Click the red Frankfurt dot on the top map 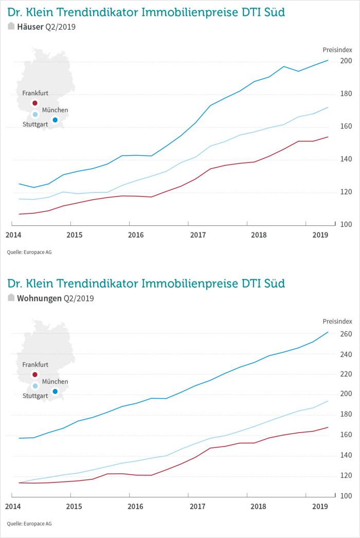[35, 103]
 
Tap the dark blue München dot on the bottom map [55, 391]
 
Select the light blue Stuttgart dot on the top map [35, 114]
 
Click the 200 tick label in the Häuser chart [346, 61]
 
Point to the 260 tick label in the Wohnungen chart [346, 334]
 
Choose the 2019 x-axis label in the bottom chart [320, 507]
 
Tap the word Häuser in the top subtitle [30, 27]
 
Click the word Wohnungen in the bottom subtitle [40, 298]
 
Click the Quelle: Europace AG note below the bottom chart [29, 524]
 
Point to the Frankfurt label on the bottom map [35, 364]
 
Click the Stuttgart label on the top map [35, 124]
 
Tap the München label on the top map [55, 110]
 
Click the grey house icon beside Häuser [11, 26]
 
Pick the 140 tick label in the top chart [346, 159]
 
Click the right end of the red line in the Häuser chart [328, 137]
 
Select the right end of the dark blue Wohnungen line [328, 332]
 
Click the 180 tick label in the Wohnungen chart [346, 415]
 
